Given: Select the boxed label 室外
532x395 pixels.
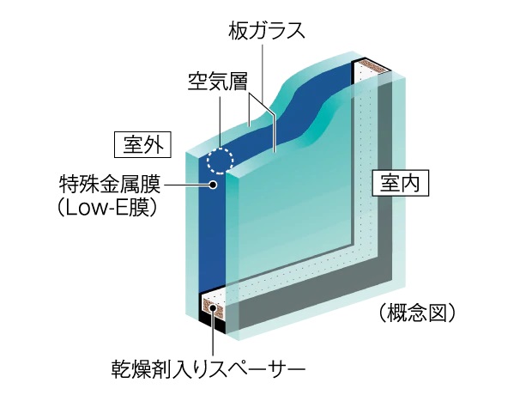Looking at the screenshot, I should tap(142, 143).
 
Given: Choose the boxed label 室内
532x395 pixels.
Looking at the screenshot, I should tap(399, 184).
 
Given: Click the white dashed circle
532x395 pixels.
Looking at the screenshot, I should tap(220, 160).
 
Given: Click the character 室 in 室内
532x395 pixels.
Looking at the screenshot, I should tap(390, 184).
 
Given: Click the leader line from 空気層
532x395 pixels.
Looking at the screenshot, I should tap(221, 120).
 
